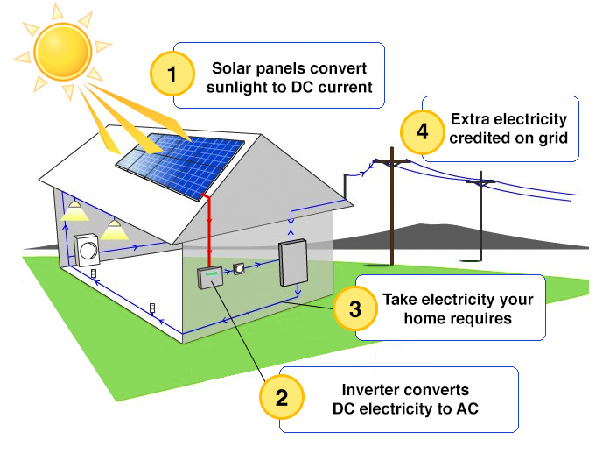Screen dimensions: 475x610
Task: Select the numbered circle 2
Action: click(x=282, y=397)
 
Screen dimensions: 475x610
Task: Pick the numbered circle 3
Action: click(x=354, y=308)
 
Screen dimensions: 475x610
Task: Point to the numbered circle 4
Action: click(x=423, y=133)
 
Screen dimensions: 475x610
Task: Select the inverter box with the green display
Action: click(x=210, y=277)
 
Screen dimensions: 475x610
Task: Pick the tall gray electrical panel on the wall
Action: click(x=292, y=262)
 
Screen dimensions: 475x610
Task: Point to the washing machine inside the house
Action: click(x=88, y=251)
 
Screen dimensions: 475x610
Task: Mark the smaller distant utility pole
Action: click(x=480, y=223)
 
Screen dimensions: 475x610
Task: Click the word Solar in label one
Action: click(x=232, y=68)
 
